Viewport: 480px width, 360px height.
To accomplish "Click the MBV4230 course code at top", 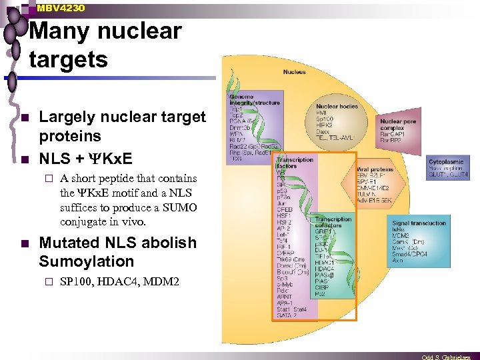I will coord(61,8).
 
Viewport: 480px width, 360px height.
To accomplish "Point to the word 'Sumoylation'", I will coord(86,261).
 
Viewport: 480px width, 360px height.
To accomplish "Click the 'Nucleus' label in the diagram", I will coord(295,72).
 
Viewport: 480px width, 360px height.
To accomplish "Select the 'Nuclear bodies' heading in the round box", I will coord(337,106).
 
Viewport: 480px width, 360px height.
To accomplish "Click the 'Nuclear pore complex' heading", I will coord(398,125).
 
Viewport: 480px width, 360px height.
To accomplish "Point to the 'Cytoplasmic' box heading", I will coord(446,162).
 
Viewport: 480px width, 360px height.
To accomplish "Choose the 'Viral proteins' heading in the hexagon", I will coord(376,169).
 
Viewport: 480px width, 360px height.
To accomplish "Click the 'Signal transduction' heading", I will coord(419,224).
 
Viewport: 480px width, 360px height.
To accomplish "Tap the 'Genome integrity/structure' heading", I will coord(255,101).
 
